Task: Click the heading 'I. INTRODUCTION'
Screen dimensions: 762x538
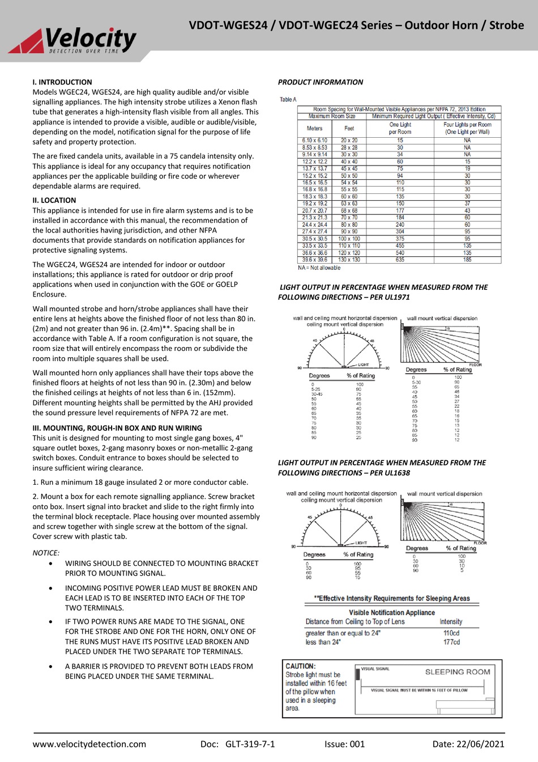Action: coord(62,82)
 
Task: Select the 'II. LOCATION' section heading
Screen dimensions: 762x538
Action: coord(54,200)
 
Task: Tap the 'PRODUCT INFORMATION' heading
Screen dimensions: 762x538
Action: coord(321,82)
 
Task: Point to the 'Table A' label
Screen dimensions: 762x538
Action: coord(288,100)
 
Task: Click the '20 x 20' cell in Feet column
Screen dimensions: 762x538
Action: coord(349,141)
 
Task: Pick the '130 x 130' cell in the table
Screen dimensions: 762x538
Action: coord(349,260)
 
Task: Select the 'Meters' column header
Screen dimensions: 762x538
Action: coord(314,128)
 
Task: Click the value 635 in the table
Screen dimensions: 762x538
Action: coord(400,260)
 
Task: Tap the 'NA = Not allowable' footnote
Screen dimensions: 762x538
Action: coord(319,268)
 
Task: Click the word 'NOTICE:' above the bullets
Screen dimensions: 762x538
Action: coord(46,553)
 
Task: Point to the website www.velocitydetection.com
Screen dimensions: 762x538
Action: coord(89,744)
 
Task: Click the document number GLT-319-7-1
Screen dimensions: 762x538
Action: coord(250,744)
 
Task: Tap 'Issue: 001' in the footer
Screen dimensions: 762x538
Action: coord(344,744)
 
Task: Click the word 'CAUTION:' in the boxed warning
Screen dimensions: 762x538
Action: coord(301,666)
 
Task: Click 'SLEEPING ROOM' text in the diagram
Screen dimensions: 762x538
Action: coord(458,672)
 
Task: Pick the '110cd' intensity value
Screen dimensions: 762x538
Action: coord(451,633)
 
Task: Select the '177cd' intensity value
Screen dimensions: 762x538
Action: coord(451,642)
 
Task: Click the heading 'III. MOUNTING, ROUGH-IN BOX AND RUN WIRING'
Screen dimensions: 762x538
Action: coord(117,428)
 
